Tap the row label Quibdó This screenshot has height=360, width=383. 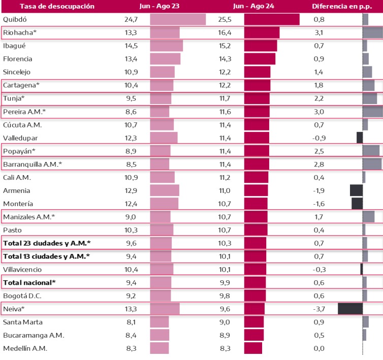point(15,20)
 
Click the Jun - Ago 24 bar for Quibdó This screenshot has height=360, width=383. point(272,20)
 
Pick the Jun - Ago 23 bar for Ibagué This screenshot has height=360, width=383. point(166,46)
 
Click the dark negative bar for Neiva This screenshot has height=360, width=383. point(350,308)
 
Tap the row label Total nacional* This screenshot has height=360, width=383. point(29,282)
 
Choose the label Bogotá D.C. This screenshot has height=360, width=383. point(19,295)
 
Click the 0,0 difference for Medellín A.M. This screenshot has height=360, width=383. point(319,348)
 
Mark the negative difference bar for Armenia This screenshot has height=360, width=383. point(356,190)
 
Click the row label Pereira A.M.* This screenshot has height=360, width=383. point(24,111)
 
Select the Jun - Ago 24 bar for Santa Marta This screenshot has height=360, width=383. point(254,322)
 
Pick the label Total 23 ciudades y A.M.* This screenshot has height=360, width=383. point(47,243)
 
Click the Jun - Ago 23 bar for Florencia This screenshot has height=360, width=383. point(165,59)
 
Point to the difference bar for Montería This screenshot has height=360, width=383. point(357,204)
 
